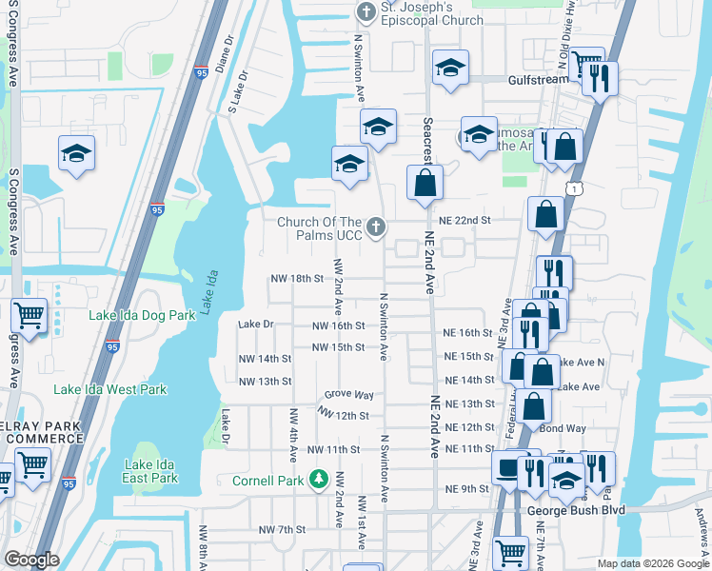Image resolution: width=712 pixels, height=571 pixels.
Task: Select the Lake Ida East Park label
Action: pyautogui.click(x=150, y=470)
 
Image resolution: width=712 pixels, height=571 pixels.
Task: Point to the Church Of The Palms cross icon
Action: pyautogui.click(x=377, y=226)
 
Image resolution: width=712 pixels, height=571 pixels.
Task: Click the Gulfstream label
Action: pyautogui.click(x=538, y=80)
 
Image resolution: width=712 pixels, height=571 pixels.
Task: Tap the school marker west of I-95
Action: pyautogui.click(x=76, y=154)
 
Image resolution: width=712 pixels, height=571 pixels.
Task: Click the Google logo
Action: pyautogui.click(x=32, y=560)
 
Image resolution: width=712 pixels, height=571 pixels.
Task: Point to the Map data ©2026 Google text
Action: pyautogui.click(x=652, y=563)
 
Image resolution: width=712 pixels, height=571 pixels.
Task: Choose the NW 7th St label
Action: pyautogui.click(x=281, y=529)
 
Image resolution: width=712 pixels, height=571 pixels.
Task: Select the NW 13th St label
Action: pyautogui.click(x=265, y=382)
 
